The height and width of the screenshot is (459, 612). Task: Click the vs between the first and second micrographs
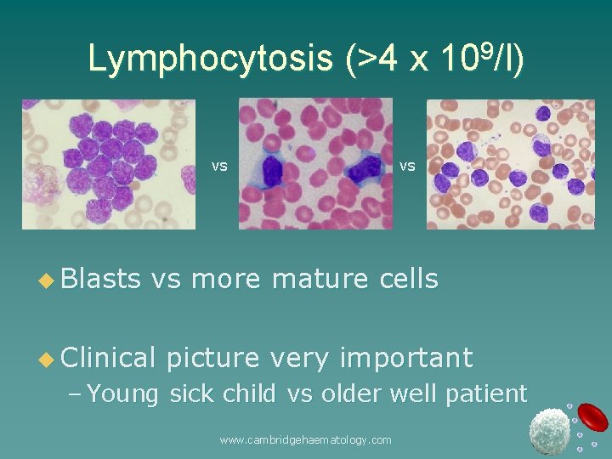[x=219, y=166]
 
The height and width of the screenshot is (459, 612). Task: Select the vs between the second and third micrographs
[x=407, y=166]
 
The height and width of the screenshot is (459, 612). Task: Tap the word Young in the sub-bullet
[x=124, y=394]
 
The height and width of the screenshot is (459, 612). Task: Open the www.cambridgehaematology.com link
[x=305, y=439]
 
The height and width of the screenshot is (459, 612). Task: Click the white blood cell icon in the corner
[x=549, y=431]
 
